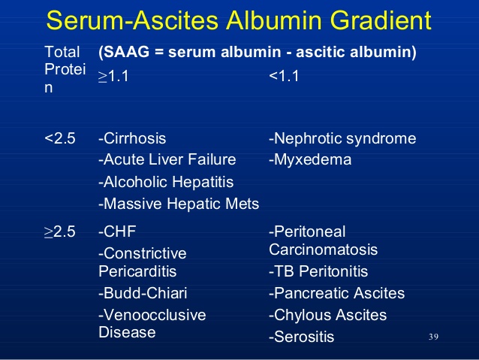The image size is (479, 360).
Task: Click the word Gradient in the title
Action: click(x=381, y=20)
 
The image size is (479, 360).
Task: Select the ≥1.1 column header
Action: click(x=113, y=76)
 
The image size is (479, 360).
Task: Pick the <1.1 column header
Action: click(x=284, y=76)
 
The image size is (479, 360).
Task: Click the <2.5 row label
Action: click(x=60, y=138)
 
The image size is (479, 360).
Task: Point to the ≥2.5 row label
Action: click(x=60, y=231)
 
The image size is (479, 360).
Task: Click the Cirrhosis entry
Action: click(x=132, y=138)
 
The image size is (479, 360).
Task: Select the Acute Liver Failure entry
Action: click(x=167, y=159)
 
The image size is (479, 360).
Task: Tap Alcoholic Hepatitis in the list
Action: click(x=166, y=182)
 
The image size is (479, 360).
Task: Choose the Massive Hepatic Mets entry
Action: click(x=179, y=204)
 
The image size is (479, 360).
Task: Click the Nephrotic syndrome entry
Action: click(x=342, y=138)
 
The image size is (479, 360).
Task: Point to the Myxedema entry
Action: click(x=310, y=159)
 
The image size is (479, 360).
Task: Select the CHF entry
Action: click(x=117, y=231)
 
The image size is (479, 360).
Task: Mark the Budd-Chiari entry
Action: click(x=143, y=293)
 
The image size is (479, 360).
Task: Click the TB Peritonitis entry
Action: click(x=318, y=271)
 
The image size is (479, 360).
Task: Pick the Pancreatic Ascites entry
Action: click(x=336, y=293)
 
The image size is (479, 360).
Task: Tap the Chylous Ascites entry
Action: click(x=328, y=315)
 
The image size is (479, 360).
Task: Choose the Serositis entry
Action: click(x=302, y=337)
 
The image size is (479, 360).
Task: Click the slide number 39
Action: click(x=433, y=337)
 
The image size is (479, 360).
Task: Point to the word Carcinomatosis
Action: click(x=323, y=250)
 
